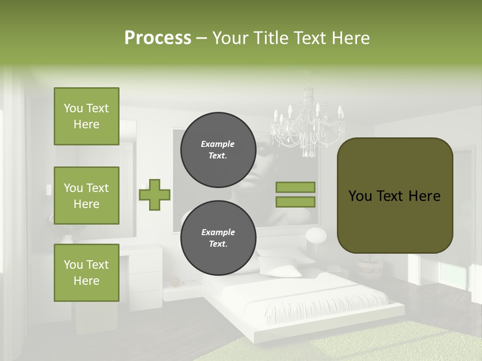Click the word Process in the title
pyautogui.click(x=158, y=38)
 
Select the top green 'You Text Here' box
pyautogui.click(x=86, y=116)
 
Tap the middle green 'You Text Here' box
pyautogui.click(x=86, y=196)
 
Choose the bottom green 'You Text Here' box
pyautogui.click(x=86, y=272)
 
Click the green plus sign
pyautogui.click(x=155, y=195)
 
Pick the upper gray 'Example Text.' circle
pyautogui.click(x=218, y=149)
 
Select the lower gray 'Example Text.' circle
pyautogui.click(x=218, y=238)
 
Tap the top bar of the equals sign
pyautogui.click(x=295, y=187)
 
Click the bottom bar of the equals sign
pyautogui.click(x=295, y=202)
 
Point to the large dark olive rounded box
pyautogui.click(x=395, y=196)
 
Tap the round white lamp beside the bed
pyautogui.click(x=316, y=235)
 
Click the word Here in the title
pyautogui.click(x=350, y=38)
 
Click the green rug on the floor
pyautogui.click(x=361, y=346)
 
